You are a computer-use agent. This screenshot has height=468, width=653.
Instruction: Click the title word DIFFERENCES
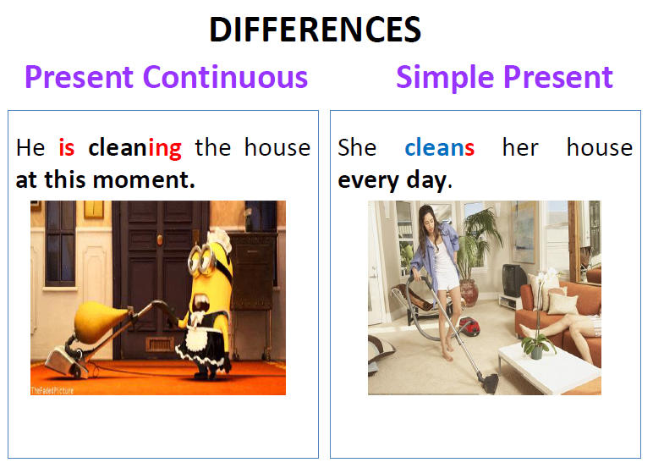click(315, 30)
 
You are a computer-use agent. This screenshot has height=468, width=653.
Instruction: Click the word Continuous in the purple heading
click(225, 77)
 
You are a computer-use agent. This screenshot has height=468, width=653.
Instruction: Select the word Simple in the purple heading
click(445, 79)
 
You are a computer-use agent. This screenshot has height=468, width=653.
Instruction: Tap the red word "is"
click(67, 147)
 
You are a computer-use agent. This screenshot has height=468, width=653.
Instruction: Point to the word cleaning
click(135, 148)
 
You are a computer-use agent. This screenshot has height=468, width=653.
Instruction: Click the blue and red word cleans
click(439, 147)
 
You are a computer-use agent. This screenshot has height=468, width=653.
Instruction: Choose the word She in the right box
click(357, 147)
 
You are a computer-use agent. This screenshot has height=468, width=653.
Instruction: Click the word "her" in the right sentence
click(520, 147)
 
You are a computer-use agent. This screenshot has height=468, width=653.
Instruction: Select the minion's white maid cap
click(219, 240)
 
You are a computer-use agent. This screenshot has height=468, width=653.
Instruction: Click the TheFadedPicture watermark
click(52, 390)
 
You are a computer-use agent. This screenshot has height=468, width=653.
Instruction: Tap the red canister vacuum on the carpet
click(469, 326)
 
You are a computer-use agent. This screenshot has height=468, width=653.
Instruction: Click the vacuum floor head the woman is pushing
click(489, 383)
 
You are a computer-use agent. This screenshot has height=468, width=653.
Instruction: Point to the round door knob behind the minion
click(160, 240)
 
